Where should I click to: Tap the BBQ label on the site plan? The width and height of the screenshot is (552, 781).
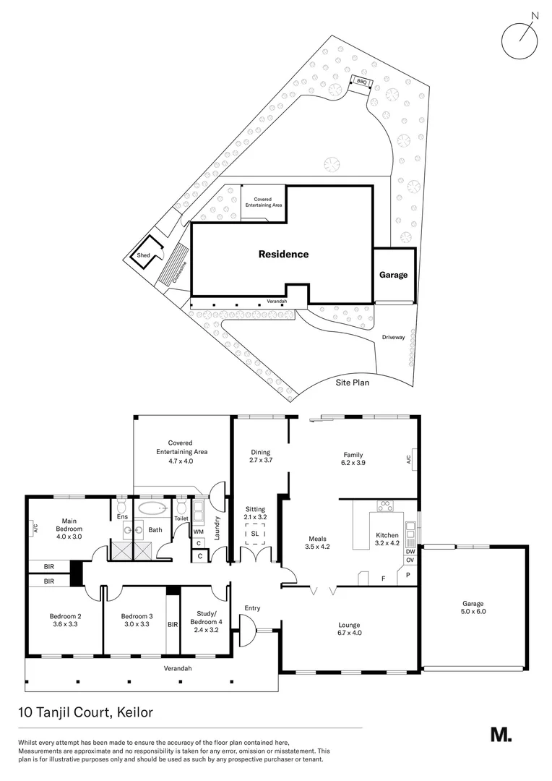pyautogui.click(x=361, y=82)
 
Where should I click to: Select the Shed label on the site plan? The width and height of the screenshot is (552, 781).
pyautogui.click(x=144, y=255)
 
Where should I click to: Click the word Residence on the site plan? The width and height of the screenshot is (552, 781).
pyautogui.click(x=283, y=255)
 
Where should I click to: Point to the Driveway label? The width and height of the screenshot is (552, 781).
pyautogui.click(x=394, y=338)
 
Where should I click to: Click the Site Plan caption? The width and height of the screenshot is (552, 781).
pyautogui.click(x=352, y=382)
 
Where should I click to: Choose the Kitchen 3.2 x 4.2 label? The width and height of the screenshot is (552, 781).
pyautogui.click(x=387, y=539)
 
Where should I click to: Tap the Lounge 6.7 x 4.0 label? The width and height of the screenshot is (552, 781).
pyautogui.click(x=349, y=629)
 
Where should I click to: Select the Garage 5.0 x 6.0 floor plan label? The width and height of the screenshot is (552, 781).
pyautogui.click(x=473, y=607)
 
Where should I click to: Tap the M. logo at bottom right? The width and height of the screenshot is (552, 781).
pyautogui.click(x=501, y=735)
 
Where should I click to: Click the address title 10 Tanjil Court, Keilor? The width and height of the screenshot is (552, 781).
pyautogui.click(x=86, y=712)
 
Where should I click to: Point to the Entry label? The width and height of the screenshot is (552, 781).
pyautogui.click(x=252, y=608)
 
